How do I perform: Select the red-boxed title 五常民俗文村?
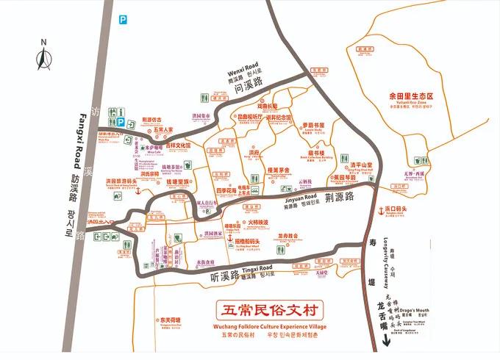[x=270, y=309]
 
